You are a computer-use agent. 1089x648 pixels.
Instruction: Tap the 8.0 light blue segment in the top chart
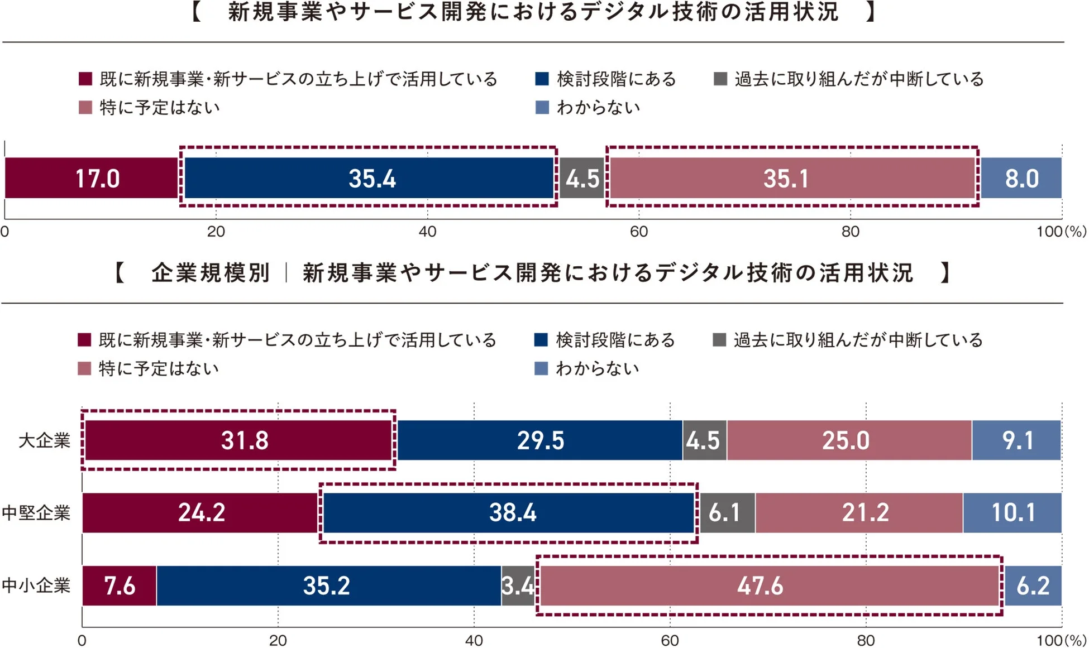[x=1021, y=179]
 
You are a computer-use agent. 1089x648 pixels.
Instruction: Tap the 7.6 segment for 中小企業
[x=120, y=585]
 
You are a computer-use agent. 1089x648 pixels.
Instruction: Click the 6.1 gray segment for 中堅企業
[x=725, y=512]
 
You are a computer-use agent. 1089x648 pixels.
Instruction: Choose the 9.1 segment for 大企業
[x=1016, y=440]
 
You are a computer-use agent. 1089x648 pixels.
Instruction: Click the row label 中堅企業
[x=36, y=512]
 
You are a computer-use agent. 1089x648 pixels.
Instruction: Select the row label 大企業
[x=44, y=440]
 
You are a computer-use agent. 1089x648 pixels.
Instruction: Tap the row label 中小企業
[x=36, y=585]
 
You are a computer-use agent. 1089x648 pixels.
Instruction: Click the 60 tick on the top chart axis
[x=639, y=232]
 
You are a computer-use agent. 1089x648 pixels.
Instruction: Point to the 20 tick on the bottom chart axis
[x=278, y=640]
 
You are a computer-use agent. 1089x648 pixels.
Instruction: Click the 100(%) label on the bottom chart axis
[x=1061, y=640]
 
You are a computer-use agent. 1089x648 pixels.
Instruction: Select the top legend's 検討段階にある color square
[x=542, y=79]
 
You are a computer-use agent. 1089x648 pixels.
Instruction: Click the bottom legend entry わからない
[x=597, y=368]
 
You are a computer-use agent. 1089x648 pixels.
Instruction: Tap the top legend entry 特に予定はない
[x=159, y=107]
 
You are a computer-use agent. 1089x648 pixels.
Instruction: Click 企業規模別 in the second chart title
[x=211, y=273]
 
